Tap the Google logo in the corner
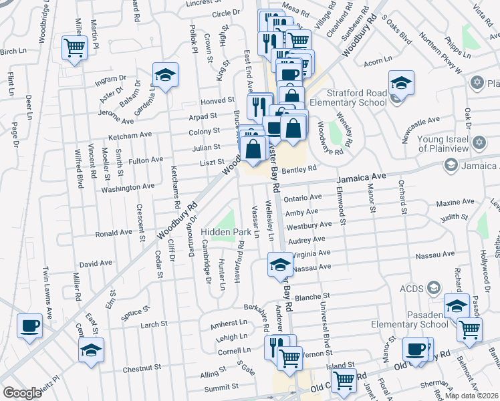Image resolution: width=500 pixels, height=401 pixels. tap(22, 393)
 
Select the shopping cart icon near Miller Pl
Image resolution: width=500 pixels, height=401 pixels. tap(74, 47)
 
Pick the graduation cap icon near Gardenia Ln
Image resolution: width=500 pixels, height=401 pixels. tap(165, 74)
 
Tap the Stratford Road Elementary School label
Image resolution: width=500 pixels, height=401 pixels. tap(357, 98)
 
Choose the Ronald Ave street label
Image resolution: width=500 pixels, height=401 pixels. tap(114, 233)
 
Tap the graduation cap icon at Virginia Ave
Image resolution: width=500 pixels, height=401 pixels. tap(280, 265)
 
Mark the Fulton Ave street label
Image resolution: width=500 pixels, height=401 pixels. tap(146, 160)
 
